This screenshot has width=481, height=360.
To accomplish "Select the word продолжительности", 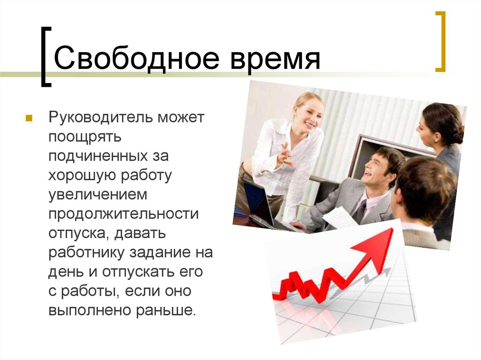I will (x=124, y=214).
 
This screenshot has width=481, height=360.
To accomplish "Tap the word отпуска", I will (x=76, y=233).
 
